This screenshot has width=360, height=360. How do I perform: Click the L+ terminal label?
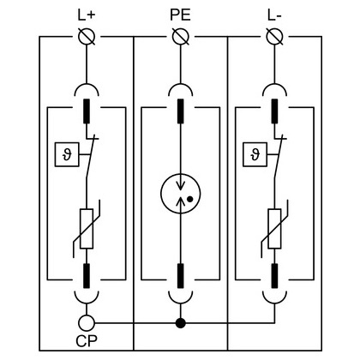[86, 15]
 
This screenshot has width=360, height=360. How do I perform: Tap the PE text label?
[180, 15]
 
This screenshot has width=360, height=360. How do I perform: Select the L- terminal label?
[274, 15]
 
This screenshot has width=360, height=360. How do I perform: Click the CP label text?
[87, 340]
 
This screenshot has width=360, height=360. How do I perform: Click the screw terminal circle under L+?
[87, 37]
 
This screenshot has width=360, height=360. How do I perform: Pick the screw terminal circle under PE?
[181, 37]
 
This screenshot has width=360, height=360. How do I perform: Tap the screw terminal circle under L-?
[274, 37]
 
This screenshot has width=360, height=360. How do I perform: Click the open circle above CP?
[87, 323]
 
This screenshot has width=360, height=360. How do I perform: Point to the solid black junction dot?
[181, 323]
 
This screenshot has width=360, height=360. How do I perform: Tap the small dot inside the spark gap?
[189, 199]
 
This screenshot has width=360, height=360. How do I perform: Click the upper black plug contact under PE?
[181, 111]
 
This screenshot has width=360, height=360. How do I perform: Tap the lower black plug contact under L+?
[87, 276]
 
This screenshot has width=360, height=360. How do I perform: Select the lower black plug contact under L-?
[274, 276]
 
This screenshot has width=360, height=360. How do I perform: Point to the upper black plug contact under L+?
[87, 111]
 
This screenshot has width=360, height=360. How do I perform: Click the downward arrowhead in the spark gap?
[181, 186]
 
